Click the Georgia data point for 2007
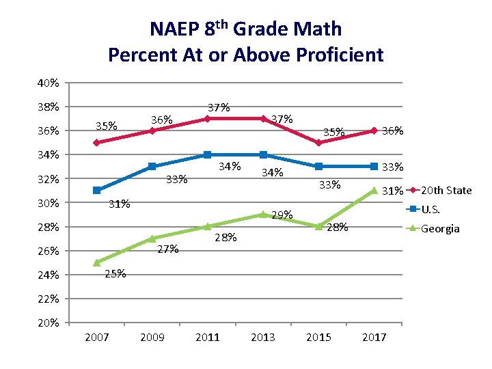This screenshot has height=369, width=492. coord(97,262)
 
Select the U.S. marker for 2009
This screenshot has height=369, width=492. coord(152,167)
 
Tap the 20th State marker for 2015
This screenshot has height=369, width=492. coord(318,143)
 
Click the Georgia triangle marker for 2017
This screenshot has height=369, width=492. coord(374,191)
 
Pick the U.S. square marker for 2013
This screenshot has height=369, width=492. coord(263,154)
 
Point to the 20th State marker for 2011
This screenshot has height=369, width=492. coord(208,118)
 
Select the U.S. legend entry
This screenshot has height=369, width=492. coord(430,209)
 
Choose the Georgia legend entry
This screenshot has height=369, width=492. coord(439,228)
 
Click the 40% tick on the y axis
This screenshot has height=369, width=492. coord(48,83)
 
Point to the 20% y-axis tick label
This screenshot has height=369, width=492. coord(48,323)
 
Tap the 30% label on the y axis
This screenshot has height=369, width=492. coord(48,203)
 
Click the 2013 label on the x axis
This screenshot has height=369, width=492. coord(263,337)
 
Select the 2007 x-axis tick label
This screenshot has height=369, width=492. coord(97,337)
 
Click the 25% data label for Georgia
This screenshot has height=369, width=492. coord(115,274)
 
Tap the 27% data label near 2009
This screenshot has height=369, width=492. coord(167,249)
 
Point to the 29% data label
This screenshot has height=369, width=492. coord(282,215)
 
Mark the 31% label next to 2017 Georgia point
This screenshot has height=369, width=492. coord(392,191)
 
